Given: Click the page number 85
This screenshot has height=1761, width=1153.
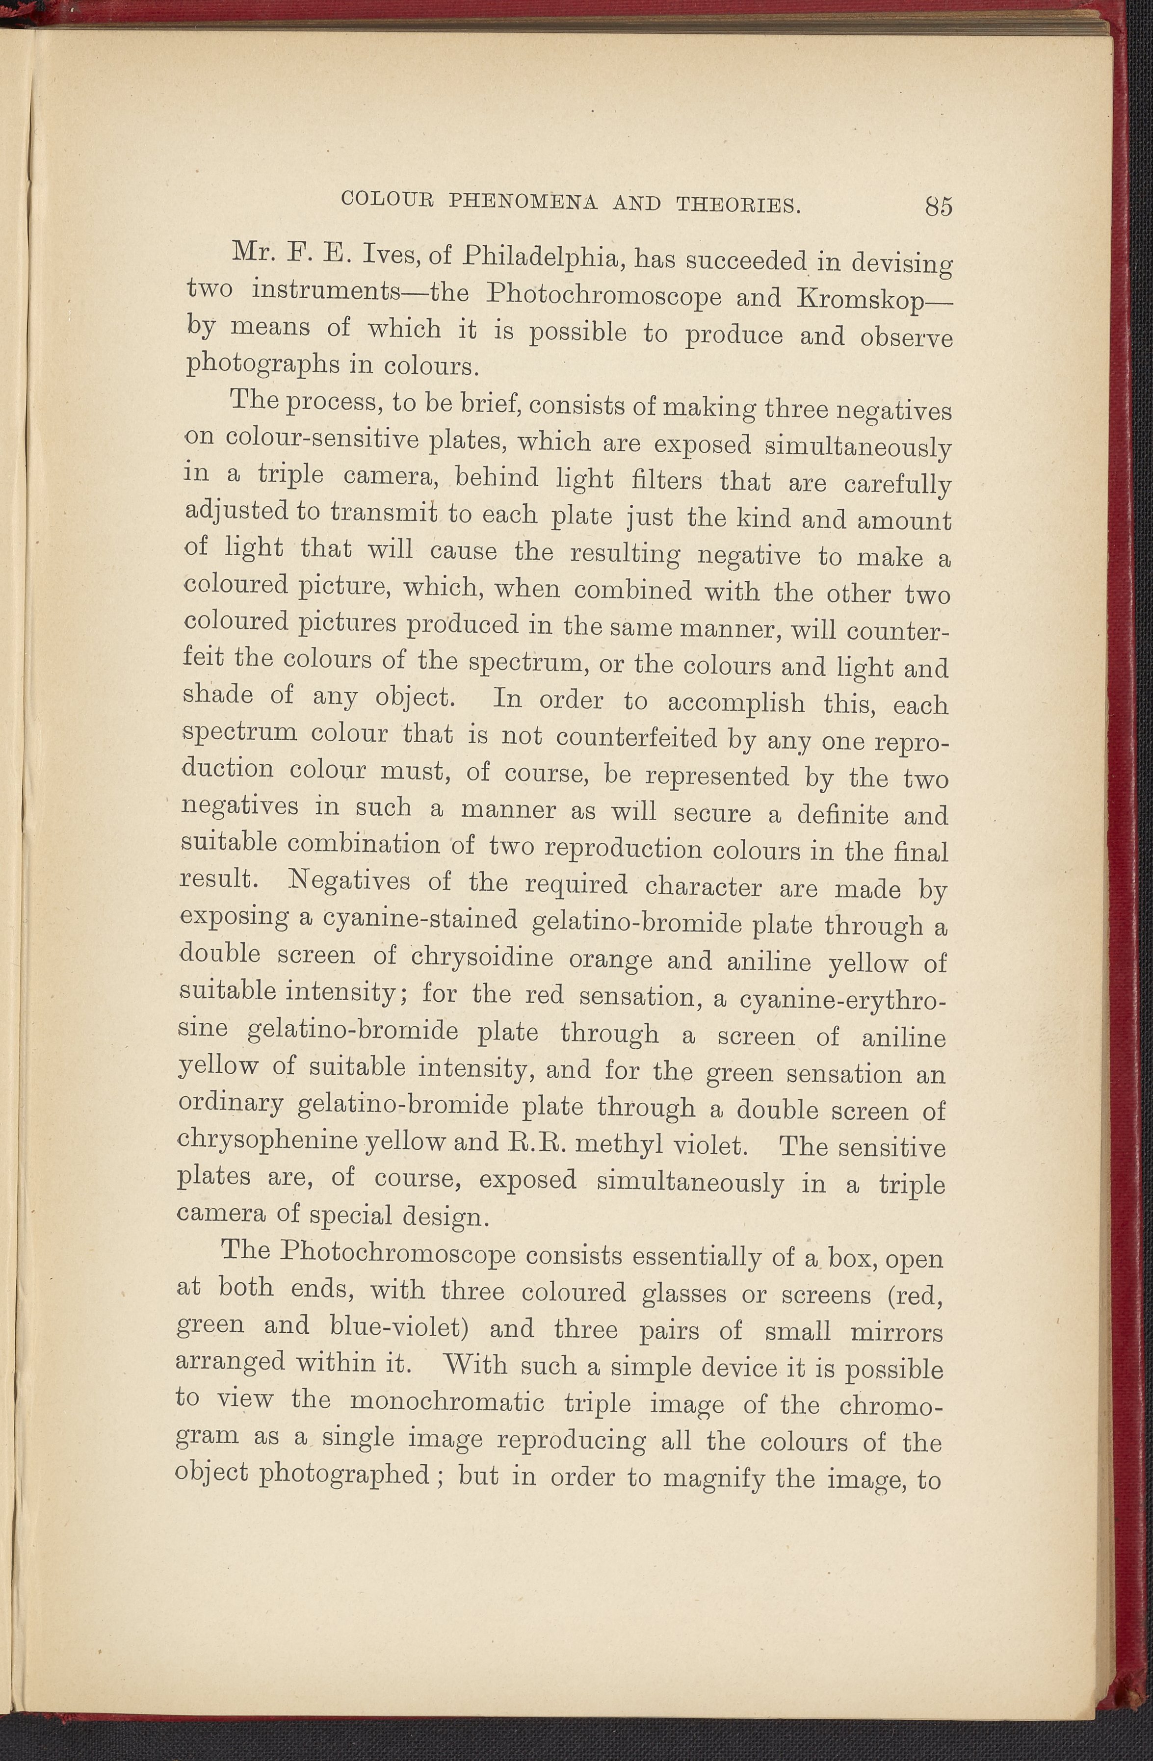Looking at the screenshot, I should [x=938, y=206].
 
